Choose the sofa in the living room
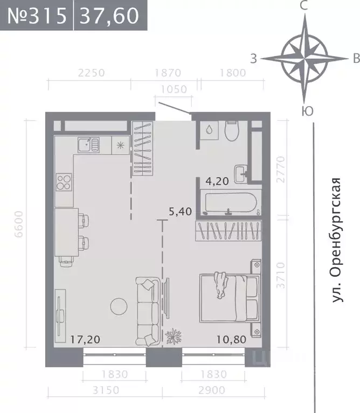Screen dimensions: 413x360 point(147,311)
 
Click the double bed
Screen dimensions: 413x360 point(229,297)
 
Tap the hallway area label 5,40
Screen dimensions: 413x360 point(181,211)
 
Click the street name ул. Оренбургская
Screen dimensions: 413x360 point(337,239)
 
